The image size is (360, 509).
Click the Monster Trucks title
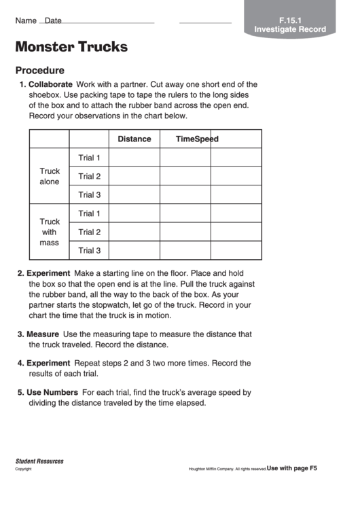pyautogui.click(x=71, y=47)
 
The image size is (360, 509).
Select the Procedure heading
pyautogui.click(x=40, y=70)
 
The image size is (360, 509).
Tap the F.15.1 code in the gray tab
pyautogui.click(x=290, y=20)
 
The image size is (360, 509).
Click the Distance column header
pyautogui.click(x=134, y=139)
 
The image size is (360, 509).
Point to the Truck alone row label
pyautogui.click(x=50, y=177)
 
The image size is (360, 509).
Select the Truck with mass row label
pyautogui.click(x=50, y=232)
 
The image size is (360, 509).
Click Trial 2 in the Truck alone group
pyautogui.click(x=89, y=176)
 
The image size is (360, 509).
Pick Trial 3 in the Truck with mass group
pyautogui.click(x=89, y=250)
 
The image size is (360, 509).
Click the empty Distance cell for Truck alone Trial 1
pyautogui.click(x=134, y=158)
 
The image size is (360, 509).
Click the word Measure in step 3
pyautogui.click(x=42, y=334)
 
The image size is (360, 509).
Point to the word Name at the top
pyautogui.click(x=26, y=21)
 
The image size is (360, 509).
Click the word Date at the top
pyautogui.click(x=53, y=21)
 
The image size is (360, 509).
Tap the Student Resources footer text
pyautogui.click(x=39, y=461)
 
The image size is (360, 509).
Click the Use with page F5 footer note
pyautogui.click(x=292, y=468)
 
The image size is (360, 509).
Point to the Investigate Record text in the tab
pyautogui.click(x=290, y=29)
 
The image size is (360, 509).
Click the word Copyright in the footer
pyautogui.click(x=24, y=469)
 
